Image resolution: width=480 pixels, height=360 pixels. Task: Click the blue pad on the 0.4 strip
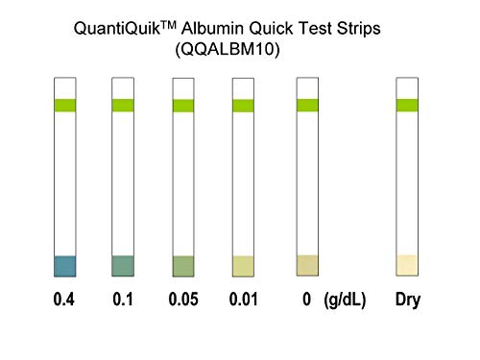tap(64, 266)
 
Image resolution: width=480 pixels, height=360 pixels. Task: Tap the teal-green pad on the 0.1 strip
tap(123, 266)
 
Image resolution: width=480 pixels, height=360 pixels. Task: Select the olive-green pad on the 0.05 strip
tap(183, 266)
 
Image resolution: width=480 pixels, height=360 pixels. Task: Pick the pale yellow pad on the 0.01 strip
tap(244, 266)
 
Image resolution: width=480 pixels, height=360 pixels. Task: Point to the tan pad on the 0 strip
tap(307, 265)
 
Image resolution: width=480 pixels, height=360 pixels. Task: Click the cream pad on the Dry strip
tap(407, 265)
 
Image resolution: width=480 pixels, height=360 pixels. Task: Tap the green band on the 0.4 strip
tap(64, 106)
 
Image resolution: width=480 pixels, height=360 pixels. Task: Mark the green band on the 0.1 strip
tap(123, 106)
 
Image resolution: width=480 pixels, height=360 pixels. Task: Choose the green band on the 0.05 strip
tap(183, 106)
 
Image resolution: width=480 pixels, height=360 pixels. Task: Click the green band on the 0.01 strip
tap(244, 106)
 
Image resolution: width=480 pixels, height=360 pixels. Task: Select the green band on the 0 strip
tap(307, 106)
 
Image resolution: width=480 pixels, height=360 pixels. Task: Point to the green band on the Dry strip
tap(407, 106)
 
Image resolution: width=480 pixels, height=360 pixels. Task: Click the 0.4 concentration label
tap(64, 300)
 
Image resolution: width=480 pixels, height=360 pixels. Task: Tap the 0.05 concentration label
tap(183, 300)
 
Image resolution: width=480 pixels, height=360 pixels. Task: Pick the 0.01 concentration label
tap(244, 300)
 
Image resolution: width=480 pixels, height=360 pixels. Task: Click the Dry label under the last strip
tap(408, 300)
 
